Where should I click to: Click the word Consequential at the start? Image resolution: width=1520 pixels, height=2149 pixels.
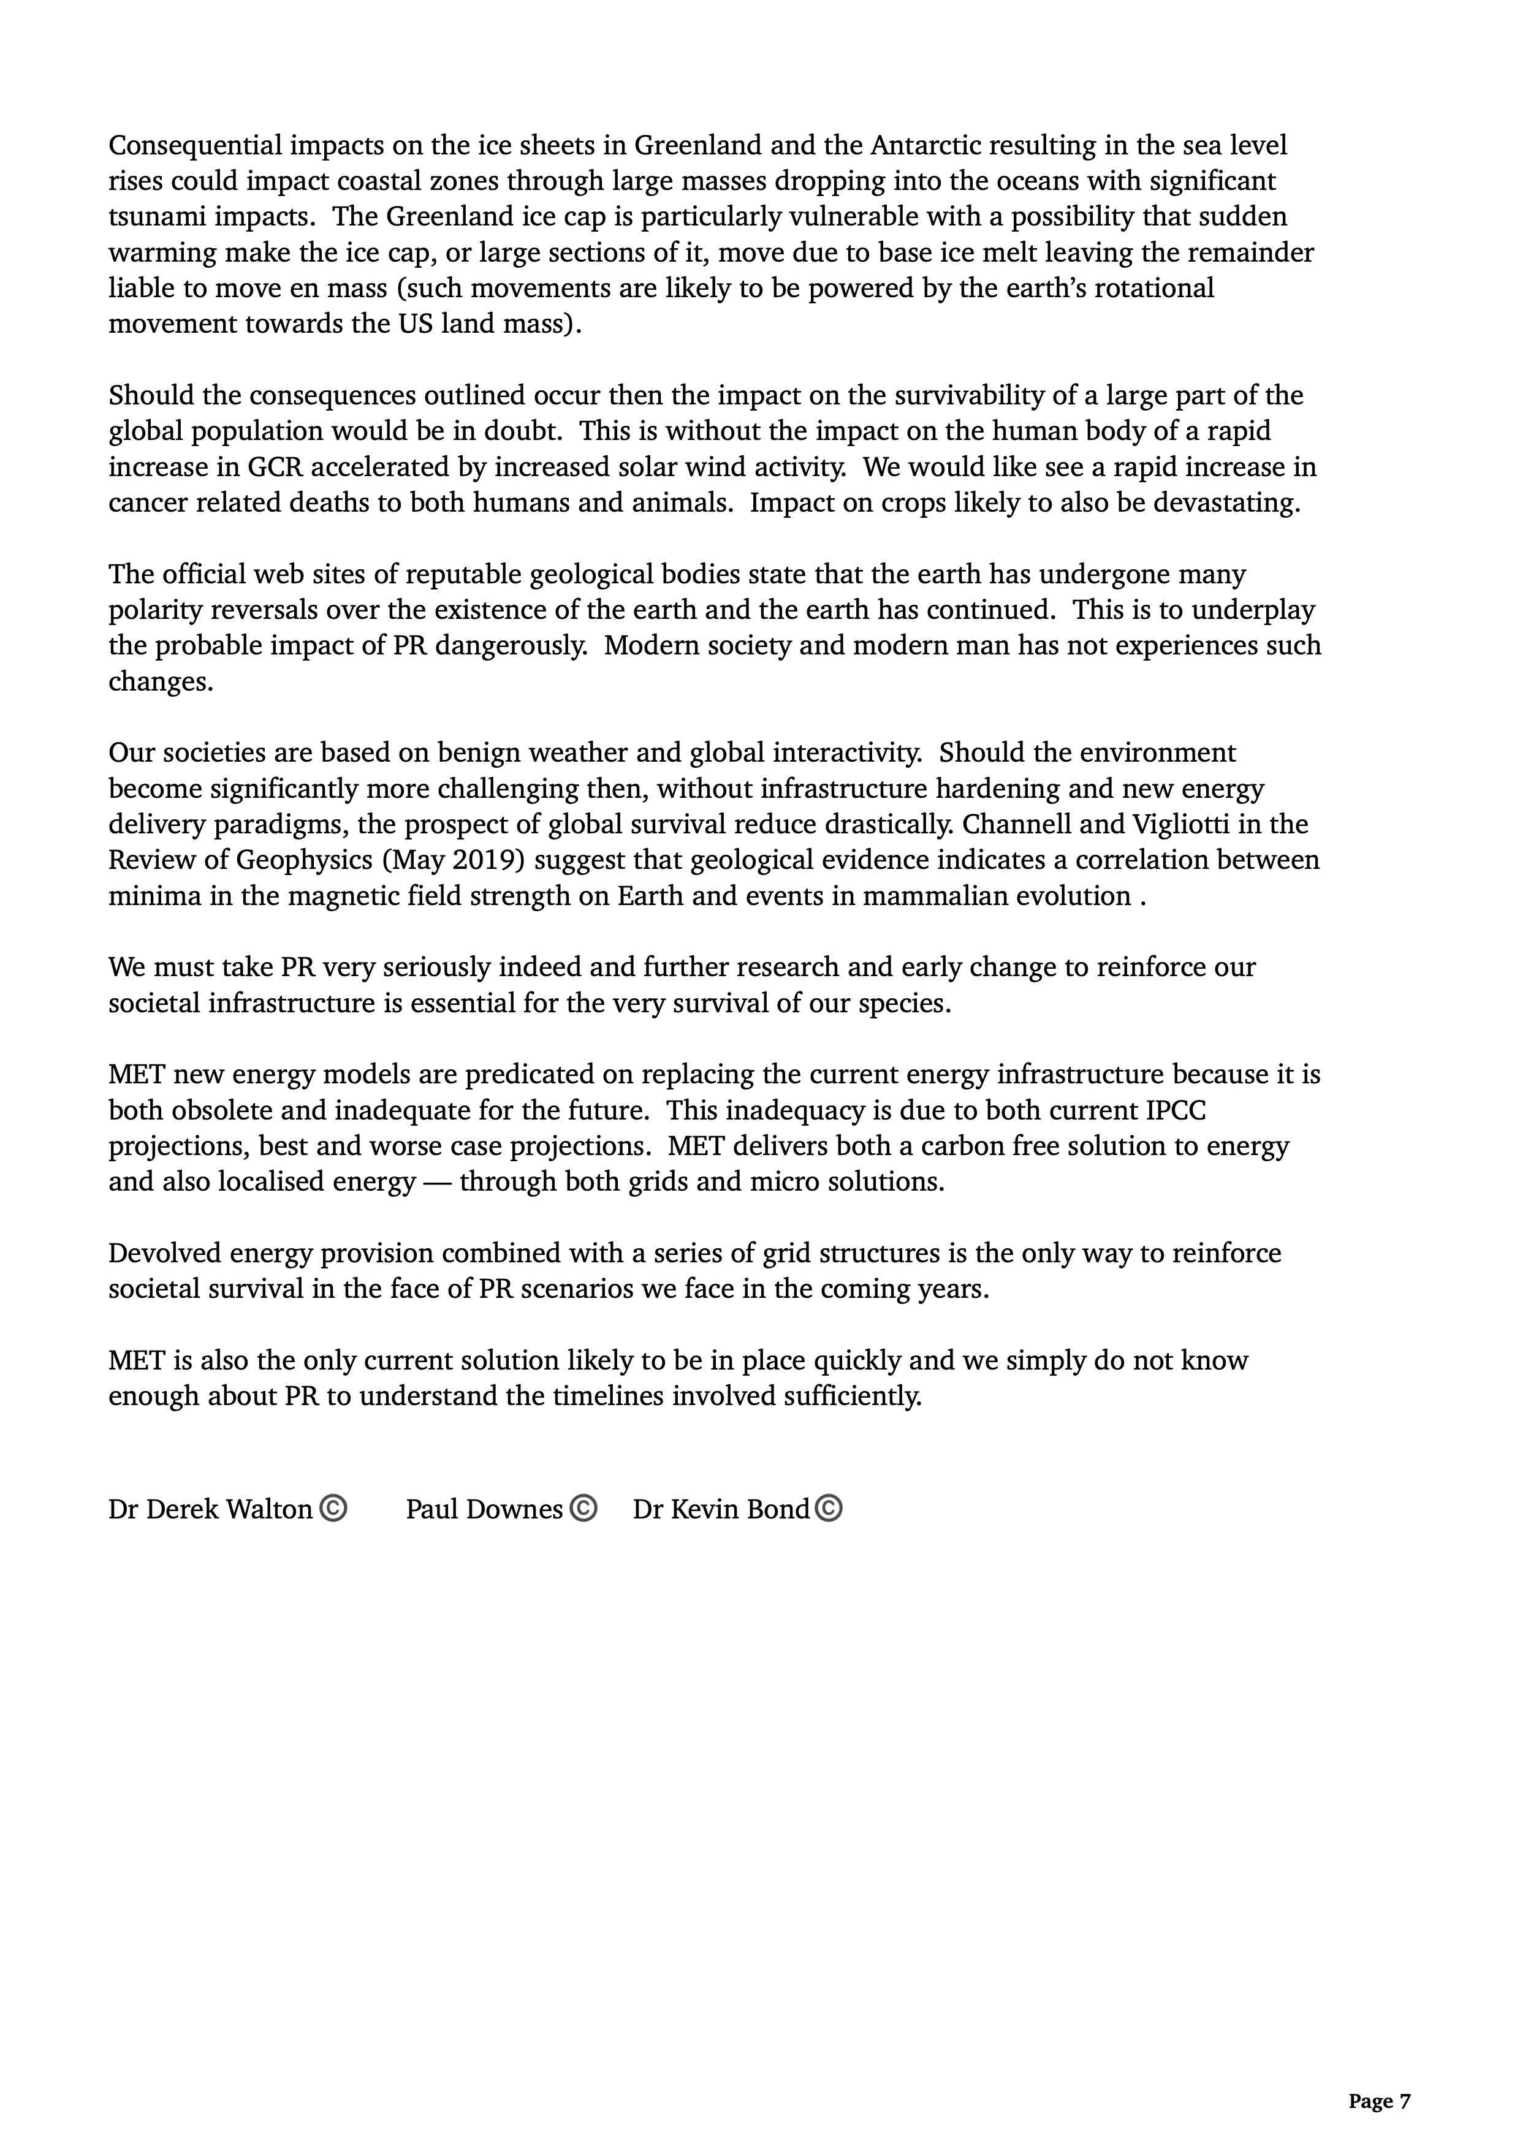(x=195, y=146)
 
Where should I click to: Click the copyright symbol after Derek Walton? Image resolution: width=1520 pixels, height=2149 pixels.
(x=333, y=1509)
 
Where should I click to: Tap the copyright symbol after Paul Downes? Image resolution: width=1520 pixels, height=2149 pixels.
(x=582, y=1509)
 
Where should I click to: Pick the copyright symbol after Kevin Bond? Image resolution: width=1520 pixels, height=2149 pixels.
(x=828, y=1509)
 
